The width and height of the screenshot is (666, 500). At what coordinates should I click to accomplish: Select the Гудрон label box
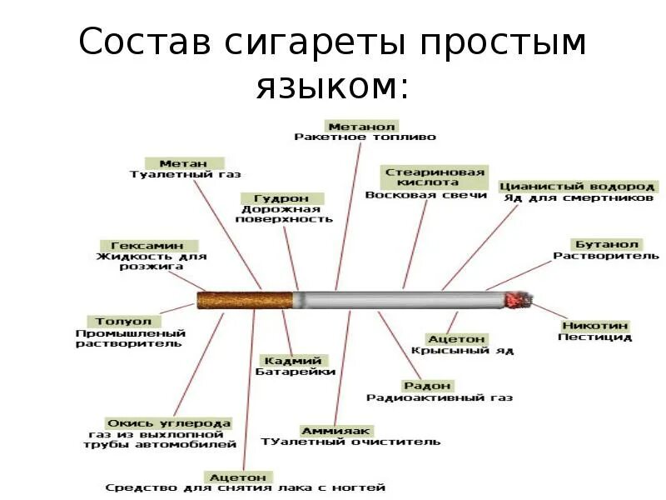point(282,199)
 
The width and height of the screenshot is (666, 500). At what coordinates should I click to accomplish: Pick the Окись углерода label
point(168,423)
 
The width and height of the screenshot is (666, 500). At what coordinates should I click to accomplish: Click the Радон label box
point(427,386)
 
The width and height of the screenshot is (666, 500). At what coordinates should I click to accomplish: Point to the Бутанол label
point(606,245)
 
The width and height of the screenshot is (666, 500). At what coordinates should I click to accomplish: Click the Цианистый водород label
point(578,187)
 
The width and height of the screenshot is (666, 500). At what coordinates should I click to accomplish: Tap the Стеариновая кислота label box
point(433,176)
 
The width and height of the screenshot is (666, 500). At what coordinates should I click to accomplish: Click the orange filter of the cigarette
point(246,299)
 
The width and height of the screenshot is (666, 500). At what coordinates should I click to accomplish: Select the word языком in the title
point(333,85)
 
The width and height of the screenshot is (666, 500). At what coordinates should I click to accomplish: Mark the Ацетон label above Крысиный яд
point(456,339)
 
